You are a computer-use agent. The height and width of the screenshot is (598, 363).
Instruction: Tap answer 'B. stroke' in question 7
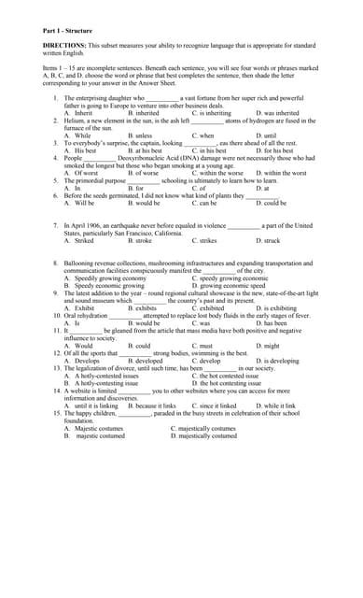pos(139,240)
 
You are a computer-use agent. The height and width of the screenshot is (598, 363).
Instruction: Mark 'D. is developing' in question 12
pos(272,361)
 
